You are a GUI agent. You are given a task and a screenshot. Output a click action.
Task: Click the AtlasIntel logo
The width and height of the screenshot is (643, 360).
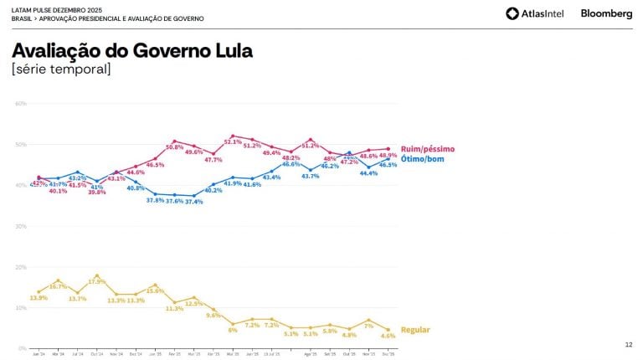tap(535, 13)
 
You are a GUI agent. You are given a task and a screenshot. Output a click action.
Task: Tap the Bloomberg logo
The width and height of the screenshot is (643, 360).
tap(606, 13)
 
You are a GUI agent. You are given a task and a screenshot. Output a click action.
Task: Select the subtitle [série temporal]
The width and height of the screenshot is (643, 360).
tap(61, 69)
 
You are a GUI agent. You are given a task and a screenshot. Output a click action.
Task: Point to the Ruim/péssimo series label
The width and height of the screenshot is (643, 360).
tap(428, 148)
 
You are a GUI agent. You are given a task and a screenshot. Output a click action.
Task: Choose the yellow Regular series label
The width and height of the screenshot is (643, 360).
tap(415, 330)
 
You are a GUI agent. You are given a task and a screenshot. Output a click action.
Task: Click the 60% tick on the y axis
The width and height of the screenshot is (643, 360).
tap(21, 104)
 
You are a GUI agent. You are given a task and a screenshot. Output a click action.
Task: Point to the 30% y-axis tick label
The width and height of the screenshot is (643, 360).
tap(21, 226)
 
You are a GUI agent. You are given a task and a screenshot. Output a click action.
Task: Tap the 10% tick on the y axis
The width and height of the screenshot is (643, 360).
tap(21, 307)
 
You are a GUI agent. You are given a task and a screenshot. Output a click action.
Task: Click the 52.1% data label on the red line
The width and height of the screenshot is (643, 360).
tap(233, 142)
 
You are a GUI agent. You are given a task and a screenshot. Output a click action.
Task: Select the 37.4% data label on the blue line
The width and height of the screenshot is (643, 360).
tap(193, 202)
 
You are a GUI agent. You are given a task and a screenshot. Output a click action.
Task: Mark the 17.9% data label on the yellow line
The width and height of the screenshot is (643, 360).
tap(98, 281)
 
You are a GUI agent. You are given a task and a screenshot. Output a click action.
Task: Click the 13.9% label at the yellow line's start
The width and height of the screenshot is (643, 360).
tap(39, 298)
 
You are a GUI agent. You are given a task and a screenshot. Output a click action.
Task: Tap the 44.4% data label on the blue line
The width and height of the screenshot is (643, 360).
tap(369, 173)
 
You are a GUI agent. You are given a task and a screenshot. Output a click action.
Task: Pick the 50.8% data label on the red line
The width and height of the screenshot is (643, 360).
tap(175, 147)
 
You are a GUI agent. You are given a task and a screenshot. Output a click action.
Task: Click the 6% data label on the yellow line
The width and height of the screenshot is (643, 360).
tap(233, 330)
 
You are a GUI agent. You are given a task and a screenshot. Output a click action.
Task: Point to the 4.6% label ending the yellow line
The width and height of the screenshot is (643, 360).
tap(388, 336)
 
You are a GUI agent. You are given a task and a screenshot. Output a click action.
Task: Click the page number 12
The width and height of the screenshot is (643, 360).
tap(629, 345)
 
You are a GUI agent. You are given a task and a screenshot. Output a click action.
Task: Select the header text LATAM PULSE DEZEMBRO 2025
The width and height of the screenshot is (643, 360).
tap(52, 9)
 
